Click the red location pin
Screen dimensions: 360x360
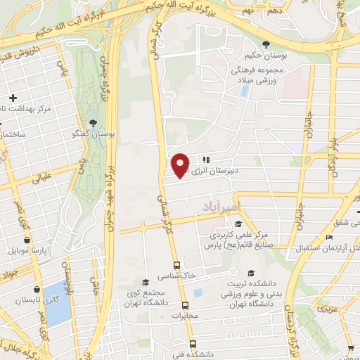pyautogui.click(x=181, y=165)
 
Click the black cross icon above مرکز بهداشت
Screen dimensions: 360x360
pyautogui.click(x=13, y=97)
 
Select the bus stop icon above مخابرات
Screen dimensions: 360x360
pyautogui.click(x=186, y=305)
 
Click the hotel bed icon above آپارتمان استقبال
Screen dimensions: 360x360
pyautogui.click(x=330, y=239)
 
